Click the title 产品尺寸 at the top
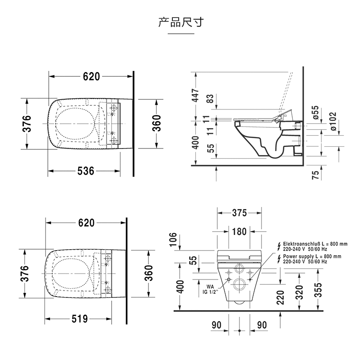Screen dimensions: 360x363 (x=181, y=22)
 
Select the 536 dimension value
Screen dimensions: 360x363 (x=85, y=171)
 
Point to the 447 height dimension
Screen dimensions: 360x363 (x=195, y=96)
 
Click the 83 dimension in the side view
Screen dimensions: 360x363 (x=210, y=99)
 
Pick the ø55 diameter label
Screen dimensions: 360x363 (x=316, y=114)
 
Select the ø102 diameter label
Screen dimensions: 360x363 (x=333, y=121)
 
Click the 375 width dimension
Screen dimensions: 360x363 (x=239, y=213)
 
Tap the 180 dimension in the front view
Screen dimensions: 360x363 (x=239, y=232)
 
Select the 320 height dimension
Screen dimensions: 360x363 (x=300, y=291)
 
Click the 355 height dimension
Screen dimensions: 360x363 (x=318, y=290)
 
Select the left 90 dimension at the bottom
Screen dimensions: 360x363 (x=216, y=325)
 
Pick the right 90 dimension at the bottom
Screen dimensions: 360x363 (x=261, y=325)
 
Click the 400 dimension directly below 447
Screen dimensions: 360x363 (x=195, y=143)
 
